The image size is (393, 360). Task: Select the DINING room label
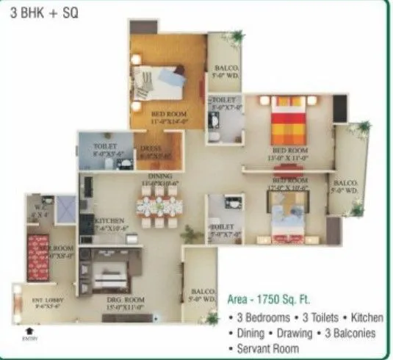(x=159, y=177)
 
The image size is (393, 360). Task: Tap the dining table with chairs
(x=159, y=208)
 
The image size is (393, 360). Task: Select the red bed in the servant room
(x=37, y=253)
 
